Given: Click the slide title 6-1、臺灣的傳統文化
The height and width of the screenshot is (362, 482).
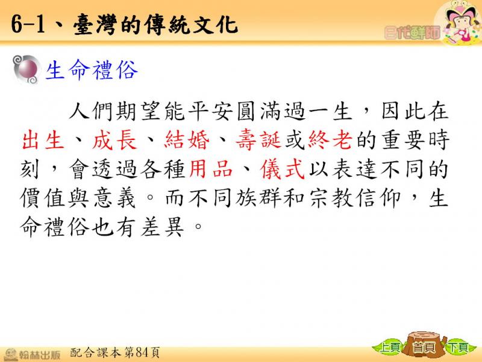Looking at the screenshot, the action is click(x=124, y=25).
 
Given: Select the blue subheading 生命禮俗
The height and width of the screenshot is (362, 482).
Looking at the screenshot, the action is click(x=92, y=70).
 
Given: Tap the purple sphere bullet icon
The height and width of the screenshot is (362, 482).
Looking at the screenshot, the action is click(x=27, y=69).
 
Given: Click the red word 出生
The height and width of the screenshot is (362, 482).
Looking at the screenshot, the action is click(x=43, y=141).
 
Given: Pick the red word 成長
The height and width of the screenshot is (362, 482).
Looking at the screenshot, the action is click(x=114, y=141).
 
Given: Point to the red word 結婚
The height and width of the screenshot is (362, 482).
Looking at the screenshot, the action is click(x=187, y=141).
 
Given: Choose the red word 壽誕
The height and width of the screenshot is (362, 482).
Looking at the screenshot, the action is click(x=258, y=141).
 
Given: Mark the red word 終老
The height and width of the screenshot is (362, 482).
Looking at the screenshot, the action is click(x=330, y=141).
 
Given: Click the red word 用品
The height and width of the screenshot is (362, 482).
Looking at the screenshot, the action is click(x=211, y=170).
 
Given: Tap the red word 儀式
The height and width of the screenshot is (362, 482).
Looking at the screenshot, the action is click(x=283, y=170).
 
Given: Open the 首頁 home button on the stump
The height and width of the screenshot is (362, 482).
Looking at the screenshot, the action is click(x=424, y=346).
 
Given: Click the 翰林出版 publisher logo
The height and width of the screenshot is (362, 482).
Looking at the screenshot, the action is click(x=32, y=354).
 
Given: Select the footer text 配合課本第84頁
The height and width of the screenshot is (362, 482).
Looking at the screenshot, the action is click(x=115, y=352).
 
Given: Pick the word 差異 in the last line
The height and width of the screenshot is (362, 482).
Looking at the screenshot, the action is click(x=163, y=227).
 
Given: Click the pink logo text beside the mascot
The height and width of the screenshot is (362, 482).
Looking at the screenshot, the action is click(x=412, y=33).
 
